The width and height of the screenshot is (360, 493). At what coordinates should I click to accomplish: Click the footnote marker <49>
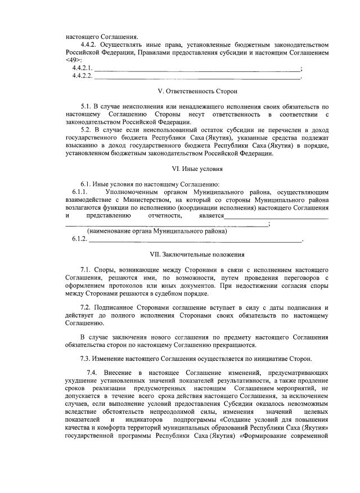(74, 60)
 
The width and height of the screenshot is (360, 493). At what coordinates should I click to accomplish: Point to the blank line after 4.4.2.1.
(197, 69)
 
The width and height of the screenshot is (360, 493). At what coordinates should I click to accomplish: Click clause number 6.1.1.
(80, 192)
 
